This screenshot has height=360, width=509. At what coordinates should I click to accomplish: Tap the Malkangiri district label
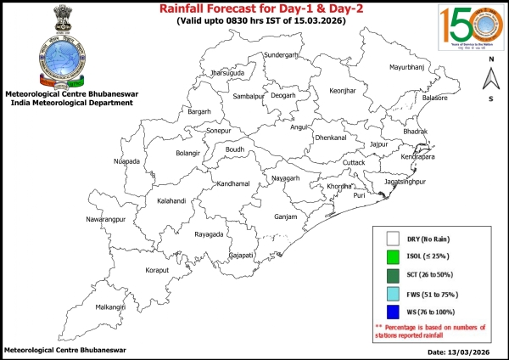click(109, 307)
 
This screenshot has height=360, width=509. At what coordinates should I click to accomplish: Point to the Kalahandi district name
click(176, 201)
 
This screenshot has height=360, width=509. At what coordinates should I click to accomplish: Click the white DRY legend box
click(393, 239)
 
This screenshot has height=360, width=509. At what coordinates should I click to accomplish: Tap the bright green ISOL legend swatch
click(393, 257)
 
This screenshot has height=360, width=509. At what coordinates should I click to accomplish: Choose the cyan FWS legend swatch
click(393, 295)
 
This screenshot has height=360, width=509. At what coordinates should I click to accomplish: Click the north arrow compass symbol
click(490, 80)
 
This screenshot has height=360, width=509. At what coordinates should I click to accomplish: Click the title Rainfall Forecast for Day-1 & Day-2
click(255, 9)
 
